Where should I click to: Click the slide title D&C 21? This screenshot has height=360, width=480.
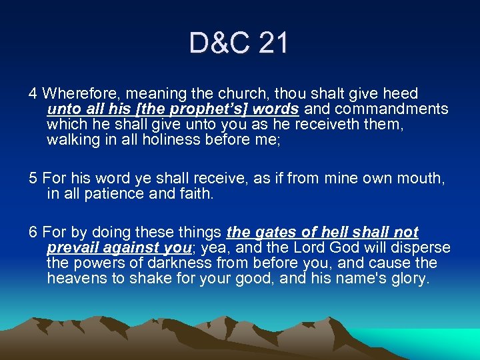(239, 44)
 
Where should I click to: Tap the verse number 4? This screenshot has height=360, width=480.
(33, 94)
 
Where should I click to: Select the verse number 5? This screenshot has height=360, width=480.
(33, 178)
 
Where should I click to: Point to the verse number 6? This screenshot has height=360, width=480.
(33, 233)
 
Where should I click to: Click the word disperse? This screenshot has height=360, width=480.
(422, 248)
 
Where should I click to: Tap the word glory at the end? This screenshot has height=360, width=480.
(407, 278)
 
